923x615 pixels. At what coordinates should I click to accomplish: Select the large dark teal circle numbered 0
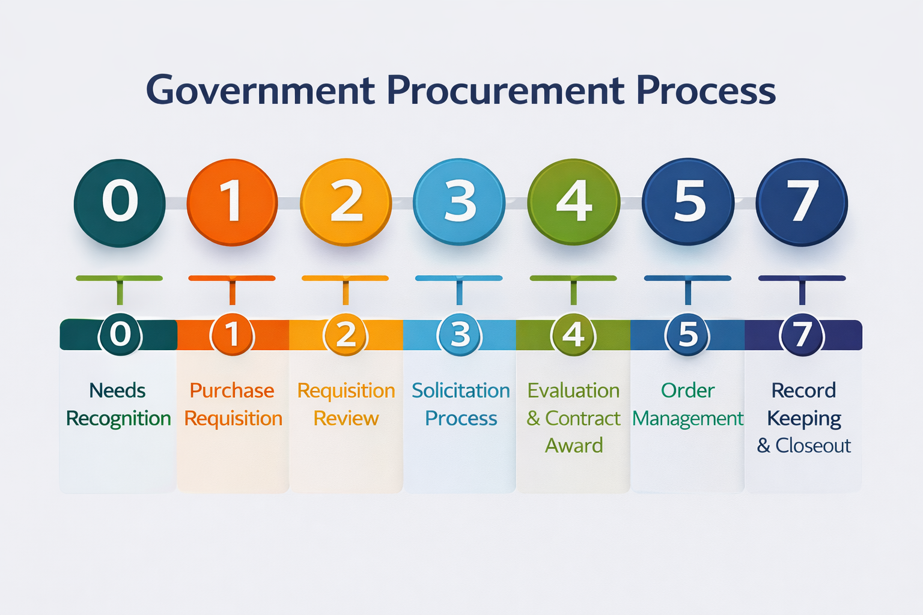pyautogui.click(x=120, y=202)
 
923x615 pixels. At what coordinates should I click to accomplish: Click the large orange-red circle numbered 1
pyautogui.click(x=232, y=202)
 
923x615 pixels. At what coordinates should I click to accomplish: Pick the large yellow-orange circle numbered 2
pyautogui.click(x=346, y=202)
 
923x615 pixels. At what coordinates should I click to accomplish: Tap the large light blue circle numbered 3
pyautogui.click(x=459, y=202)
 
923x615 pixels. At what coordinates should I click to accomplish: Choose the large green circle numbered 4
pyautogui.click(x=573, y=202)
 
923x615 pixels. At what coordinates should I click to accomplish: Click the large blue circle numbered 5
pyautogui.click(x=688, y=202)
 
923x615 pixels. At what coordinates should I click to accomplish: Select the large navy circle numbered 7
pyautogui.click(x=802, y=202)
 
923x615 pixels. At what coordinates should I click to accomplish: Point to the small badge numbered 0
pyautogui.click(x=120, y=335)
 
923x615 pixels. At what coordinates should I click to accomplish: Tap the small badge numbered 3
pyautogui.click(x=460, y=335)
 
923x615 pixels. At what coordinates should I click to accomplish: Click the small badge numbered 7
pyautogui.click(x=802, y=335)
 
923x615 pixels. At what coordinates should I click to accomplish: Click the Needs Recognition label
pyautogui.click(x=118, y=404)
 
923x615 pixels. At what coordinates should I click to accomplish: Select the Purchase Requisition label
pyautogui.click(x=233, y=404)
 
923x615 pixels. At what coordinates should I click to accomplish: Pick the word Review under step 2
pyautogui.click(x=346, y=419)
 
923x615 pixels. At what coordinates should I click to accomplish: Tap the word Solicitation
pyautogui.click(x=460, y=391)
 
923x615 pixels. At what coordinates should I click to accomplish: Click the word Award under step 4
pyautogui.click(x=574, y=446)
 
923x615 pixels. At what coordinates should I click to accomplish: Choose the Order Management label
pyautogui.click(x=688, y=404)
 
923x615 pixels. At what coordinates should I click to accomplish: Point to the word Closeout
pyautogui.click(x=812, y=446)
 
